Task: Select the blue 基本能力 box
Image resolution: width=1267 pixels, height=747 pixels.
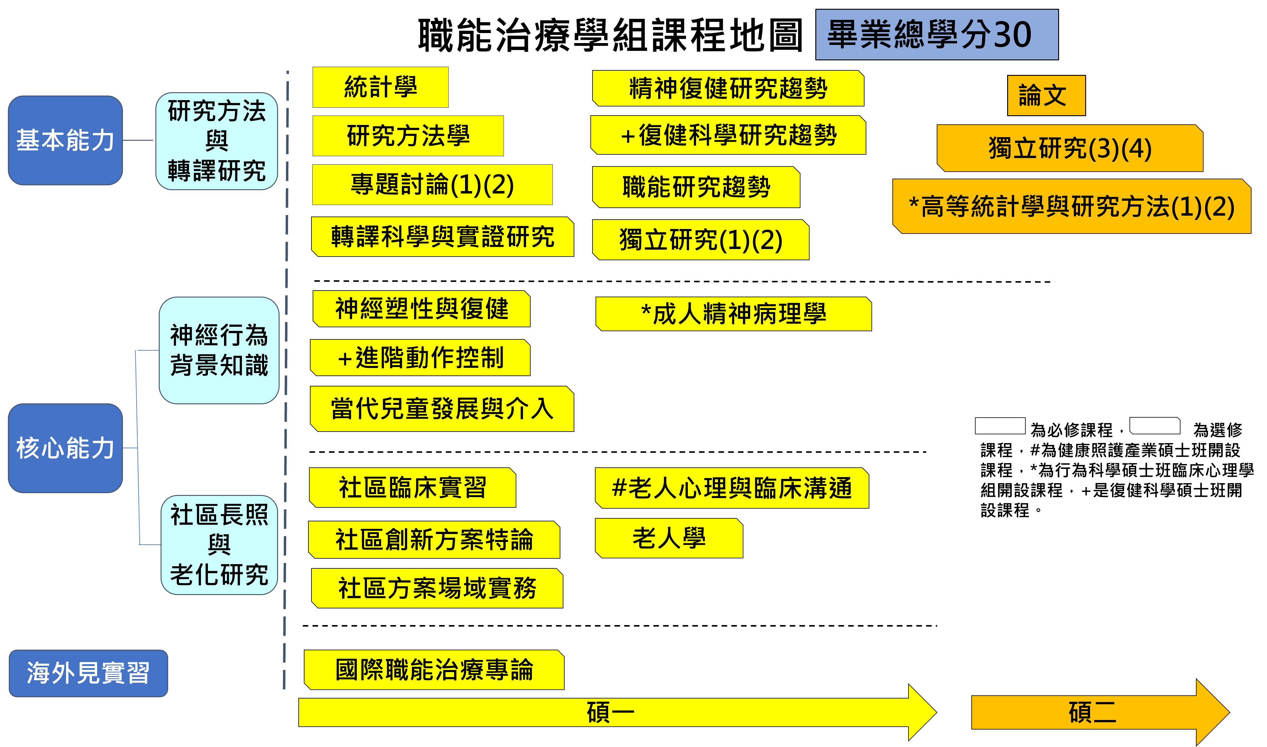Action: click(x=66, y=140)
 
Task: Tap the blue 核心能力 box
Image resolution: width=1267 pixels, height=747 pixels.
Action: click(x=66, y=448)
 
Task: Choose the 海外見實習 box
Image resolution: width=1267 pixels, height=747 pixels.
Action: click(x=88, y=673)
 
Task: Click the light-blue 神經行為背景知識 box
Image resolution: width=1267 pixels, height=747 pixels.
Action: click(x=219, y=350)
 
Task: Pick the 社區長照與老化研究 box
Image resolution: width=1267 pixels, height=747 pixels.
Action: click(x=219, y=545)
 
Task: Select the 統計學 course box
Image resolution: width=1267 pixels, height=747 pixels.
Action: click(x=380, y=87)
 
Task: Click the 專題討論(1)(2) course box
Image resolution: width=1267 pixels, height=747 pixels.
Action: click(x=432, y=185)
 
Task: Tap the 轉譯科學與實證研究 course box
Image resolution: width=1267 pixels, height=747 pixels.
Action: click(x=442, y=237)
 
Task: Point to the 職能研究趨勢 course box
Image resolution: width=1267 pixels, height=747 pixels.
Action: click(x=696, y=187)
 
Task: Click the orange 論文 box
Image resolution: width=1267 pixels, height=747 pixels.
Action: click(x=1046, y=96)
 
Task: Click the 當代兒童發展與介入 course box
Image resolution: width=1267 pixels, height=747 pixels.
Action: click(x=442, y=409)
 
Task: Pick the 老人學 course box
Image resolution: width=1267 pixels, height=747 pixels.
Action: click(x=669, y=538)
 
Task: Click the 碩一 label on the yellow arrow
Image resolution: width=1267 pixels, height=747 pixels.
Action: click(x=610, y=712)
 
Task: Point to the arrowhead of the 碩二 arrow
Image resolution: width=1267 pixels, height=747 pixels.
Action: click(x=1211, y=712)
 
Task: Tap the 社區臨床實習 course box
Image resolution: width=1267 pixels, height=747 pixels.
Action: click(x=412, y=488)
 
